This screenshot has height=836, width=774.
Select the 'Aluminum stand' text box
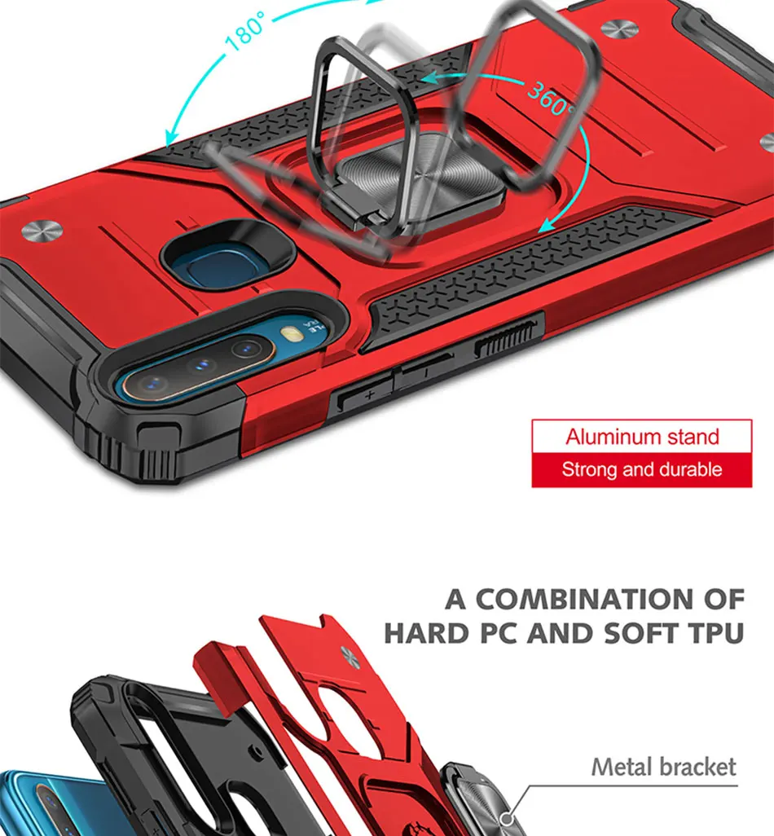coord(642,437)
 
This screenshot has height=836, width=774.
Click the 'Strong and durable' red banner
coord(642,470)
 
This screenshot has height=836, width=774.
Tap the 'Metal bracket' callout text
coord(663,767)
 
